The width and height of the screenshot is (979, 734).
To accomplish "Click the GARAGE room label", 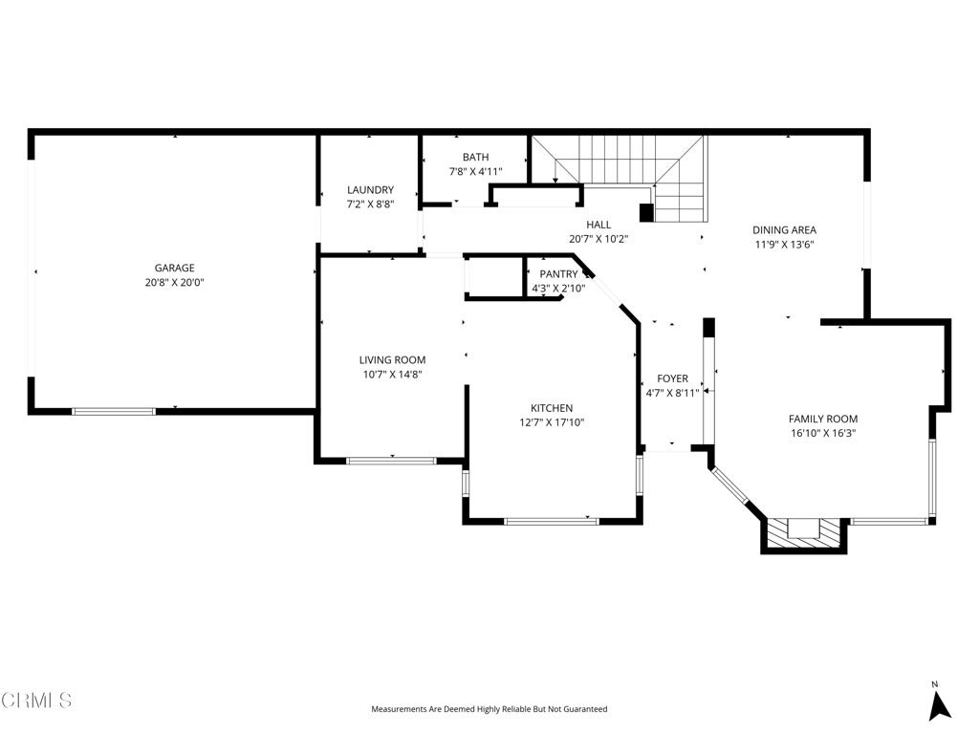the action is coord(175,268).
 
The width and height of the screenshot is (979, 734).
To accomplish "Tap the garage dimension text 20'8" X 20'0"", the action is coord(175,282).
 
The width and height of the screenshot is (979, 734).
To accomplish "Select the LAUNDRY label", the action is coord(370,190).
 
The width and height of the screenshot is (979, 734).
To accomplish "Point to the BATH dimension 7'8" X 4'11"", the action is coord(476,172).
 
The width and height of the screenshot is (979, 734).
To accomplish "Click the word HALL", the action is coord(598,225).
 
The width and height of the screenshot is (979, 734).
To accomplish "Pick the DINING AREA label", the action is coord(784,229).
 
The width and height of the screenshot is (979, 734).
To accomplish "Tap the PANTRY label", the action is coord(558,274).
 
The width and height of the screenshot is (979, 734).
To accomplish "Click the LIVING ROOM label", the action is coord(393,360).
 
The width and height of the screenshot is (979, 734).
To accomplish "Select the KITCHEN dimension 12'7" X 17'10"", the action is coord(552,422).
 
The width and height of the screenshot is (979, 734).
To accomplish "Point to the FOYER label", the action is coord(672,378).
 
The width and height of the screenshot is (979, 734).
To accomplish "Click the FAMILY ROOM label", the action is coord(823,419).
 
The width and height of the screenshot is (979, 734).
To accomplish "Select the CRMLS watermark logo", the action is coord(36,701).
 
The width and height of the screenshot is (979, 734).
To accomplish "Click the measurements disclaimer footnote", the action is coord(489,709).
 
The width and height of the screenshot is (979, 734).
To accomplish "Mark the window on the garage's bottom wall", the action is coord(114,411).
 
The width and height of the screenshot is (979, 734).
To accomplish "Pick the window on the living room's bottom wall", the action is coord(391,462).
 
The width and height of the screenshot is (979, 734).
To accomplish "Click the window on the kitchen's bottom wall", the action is coord(552,521).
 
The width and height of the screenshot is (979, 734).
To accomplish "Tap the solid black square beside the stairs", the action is coord(647,213).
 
